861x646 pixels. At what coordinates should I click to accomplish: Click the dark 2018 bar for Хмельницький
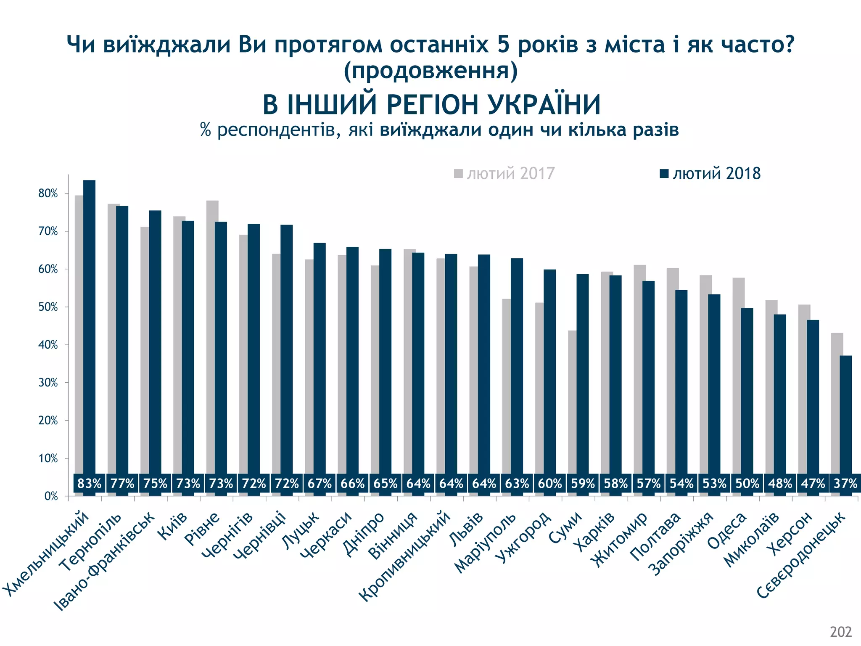89,328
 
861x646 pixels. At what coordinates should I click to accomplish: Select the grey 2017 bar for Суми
572,404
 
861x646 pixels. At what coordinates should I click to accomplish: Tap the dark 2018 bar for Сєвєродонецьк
845,416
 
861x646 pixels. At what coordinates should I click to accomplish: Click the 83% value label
90,484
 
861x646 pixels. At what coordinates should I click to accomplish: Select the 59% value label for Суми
583,484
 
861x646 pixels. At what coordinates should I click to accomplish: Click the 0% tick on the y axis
51,496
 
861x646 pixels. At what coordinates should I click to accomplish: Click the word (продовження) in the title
430,71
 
